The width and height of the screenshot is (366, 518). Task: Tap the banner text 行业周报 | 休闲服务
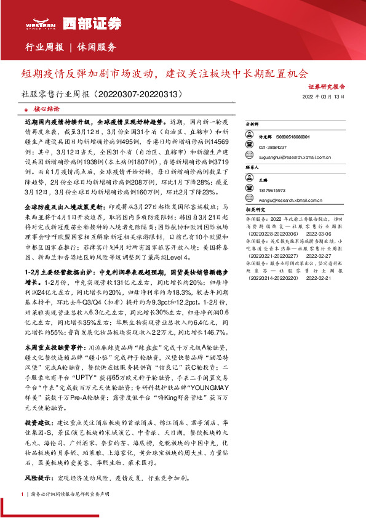pyautogui.click(x=71, y=47)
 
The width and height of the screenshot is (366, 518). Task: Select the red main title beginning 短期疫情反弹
pyautogui.click(x=164, y=74)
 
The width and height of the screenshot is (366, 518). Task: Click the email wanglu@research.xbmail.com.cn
pyautogui.click(x=293, y=200)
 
